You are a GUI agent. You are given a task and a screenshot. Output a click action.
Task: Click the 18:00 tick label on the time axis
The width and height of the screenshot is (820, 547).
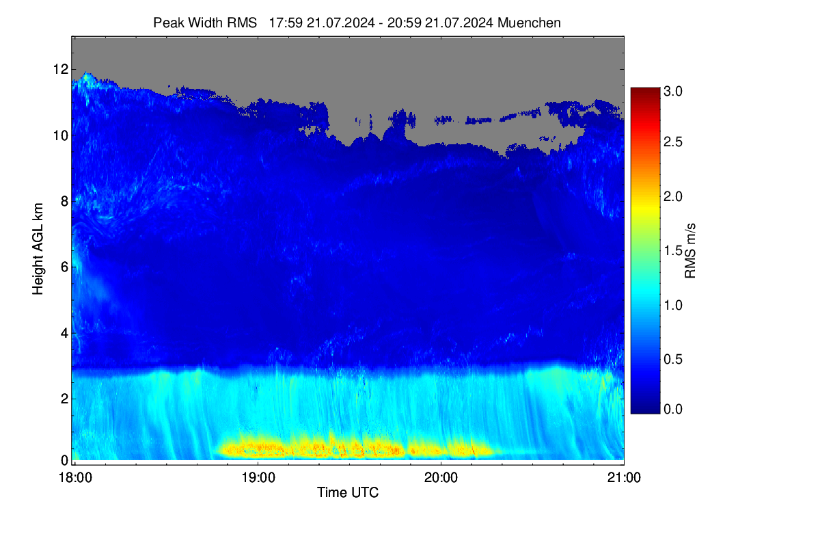(x=75, y=478)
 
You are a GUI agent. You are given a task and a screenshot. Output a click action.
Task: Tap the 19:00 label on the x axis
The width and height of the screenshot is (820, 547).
(x=258, y=478)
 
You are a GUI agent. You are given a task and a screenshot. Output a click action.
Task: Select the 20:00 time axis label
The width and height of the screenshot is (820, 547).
(x=441, y=478)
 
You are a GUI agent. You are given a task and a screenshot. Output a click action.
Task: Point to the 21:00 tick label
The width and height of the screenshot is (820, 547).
(x=624, y=478)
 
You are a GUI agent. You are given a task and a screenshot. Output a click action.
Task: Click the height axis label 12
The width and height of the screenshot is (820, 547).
(x=61, y=69)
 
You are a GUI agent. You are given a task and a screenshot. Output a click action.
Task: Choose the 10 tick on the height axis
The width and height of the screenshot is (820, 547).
(x=61, y=135)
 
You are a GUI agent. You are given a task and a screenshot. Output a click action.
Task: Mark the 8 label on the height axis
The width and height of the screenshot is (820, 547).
(x=64, y=201)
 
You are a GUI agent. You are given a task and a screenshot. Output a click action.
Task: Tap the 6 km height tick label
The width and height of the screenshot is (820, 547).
(x=64, y=267)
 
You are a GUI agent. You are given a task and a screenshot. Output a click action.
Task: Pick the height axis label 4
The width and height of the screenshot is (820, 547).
(x=64, y=333)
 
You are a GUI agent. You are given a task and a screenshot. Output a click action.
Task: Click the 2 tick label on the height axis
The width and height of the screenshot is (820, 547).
(x=64, y=399)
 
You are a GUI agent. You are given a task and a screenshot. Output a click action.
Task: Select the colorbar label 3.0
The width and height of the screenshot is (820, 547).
(x=673, y=91)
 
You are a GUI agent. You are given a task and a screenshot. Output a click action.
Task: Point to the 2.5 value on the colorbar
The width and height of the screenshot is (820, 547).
(x=673, y=142)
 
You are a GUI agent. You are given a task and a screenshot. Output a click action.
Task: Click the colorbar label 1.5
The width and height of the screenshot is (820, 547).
(x=673, y=251)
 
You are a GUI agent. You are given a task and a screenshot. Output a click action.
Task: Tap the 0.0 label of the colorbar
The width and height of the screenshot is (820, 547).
(x=673, y=410)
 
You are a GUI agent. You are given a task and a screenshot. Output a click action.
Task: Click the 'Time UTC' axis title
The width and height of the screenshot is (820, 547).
(x=348, y=493)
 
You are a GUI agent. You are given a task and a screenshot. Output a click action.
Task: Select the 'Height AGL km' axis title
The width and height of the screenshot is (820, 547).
(x=38, y=249)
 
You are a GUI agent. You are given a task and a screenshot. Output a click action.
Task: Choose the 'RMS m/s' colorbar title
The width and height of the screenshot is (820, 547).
(x=690, y=251)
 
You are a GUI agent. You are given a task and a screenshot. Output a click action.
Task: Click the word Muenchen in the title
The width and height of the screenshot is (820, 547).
(x=529, y=23)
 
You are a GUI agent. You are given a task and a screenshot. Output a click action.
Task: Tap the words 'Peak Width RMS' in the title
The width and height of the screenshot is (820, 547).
(x=205, y=23)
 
